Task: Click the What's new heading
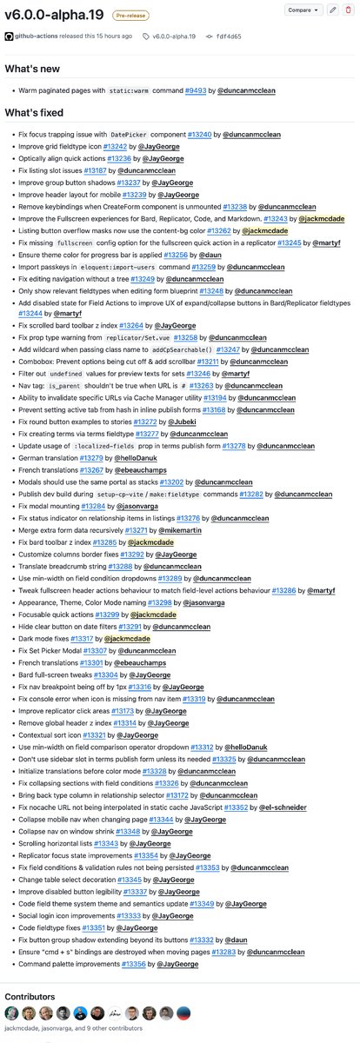tap(33, 69)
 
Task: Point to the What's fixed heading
tap(35, 113)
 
